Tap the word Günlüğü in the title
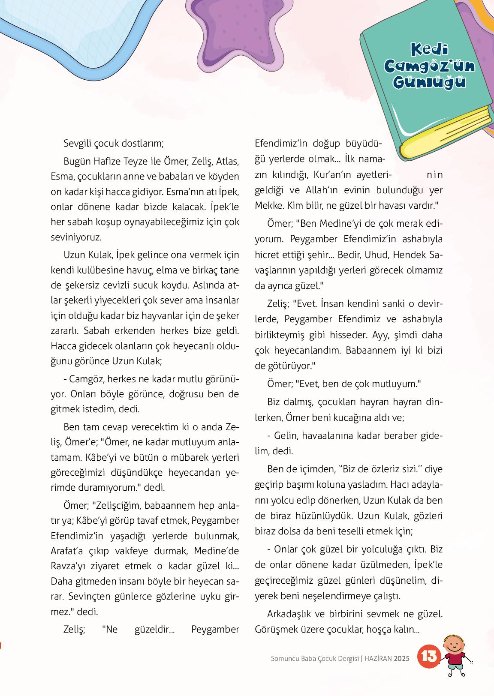(429, 81)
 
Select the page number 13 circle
(429, 657)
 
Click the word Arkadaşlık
(289, 614)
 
